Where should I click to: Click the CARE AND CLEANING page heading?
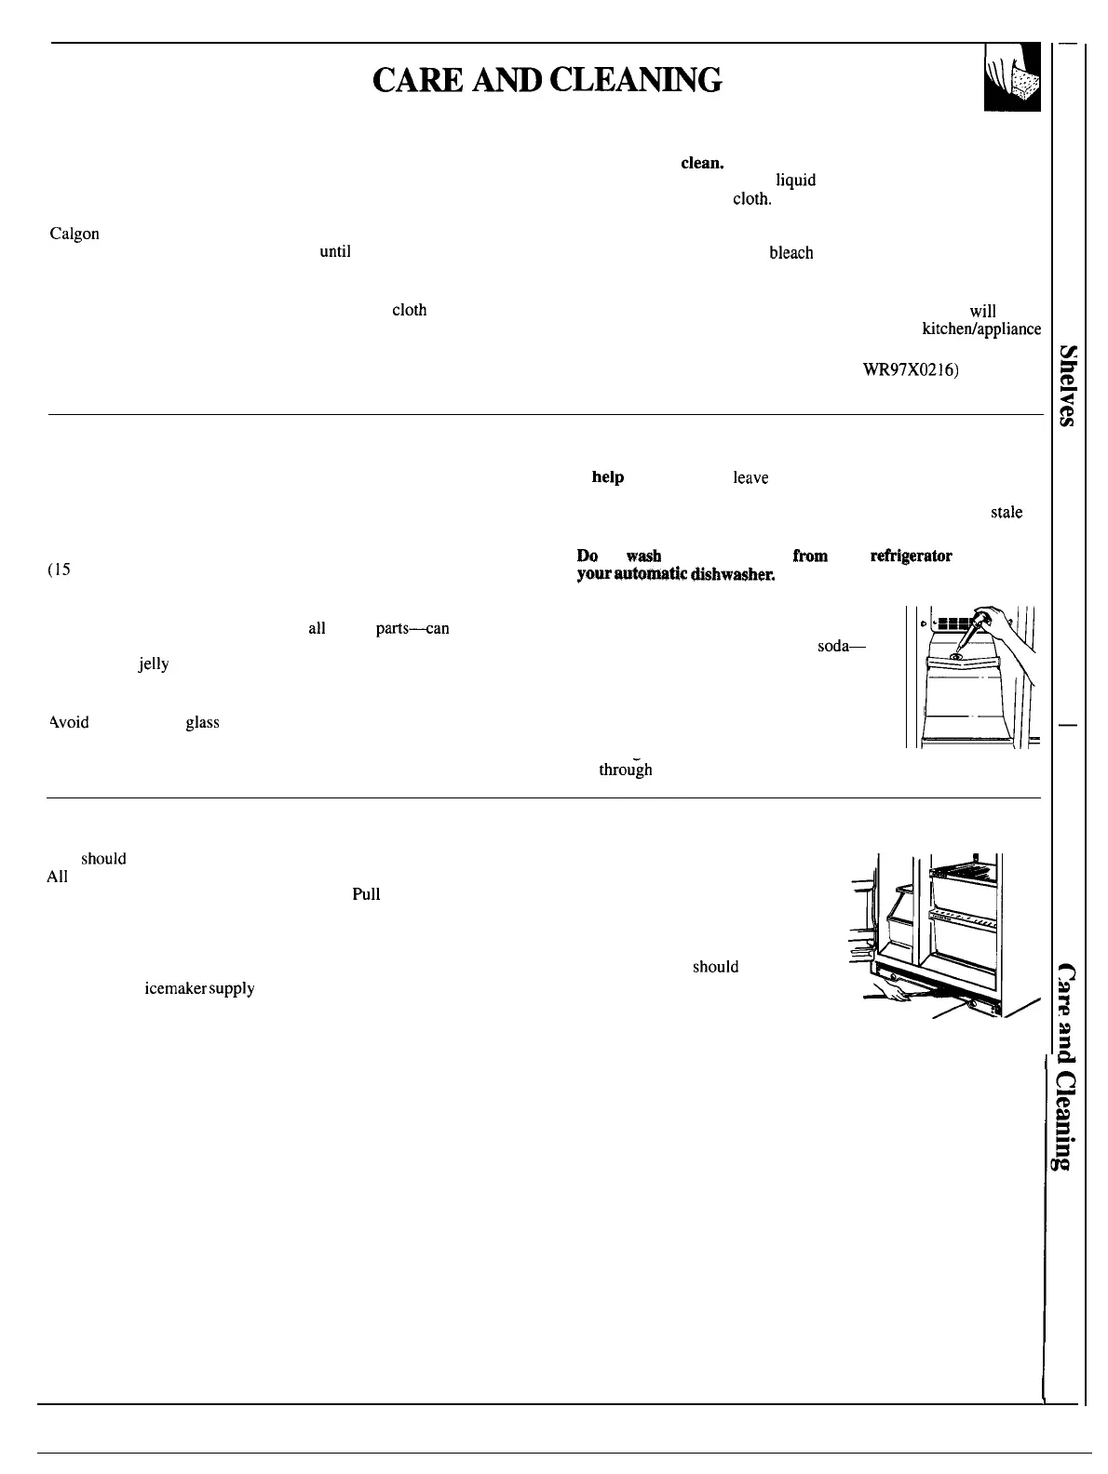coord(547,80)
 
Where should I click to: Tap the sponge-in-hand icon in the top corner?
coord(1011,80)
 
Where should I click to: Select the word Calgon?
coord(74,234)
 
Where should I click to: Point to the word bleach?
coord(790,252)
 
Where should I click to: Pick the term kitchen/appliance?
coord(980,328)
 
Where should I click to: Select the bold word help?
coord(607,477)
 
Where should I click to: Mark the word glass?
coord(202,722)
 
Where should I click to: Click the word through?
coord(625,770)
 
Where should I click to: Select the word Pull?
coord(366,894)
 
